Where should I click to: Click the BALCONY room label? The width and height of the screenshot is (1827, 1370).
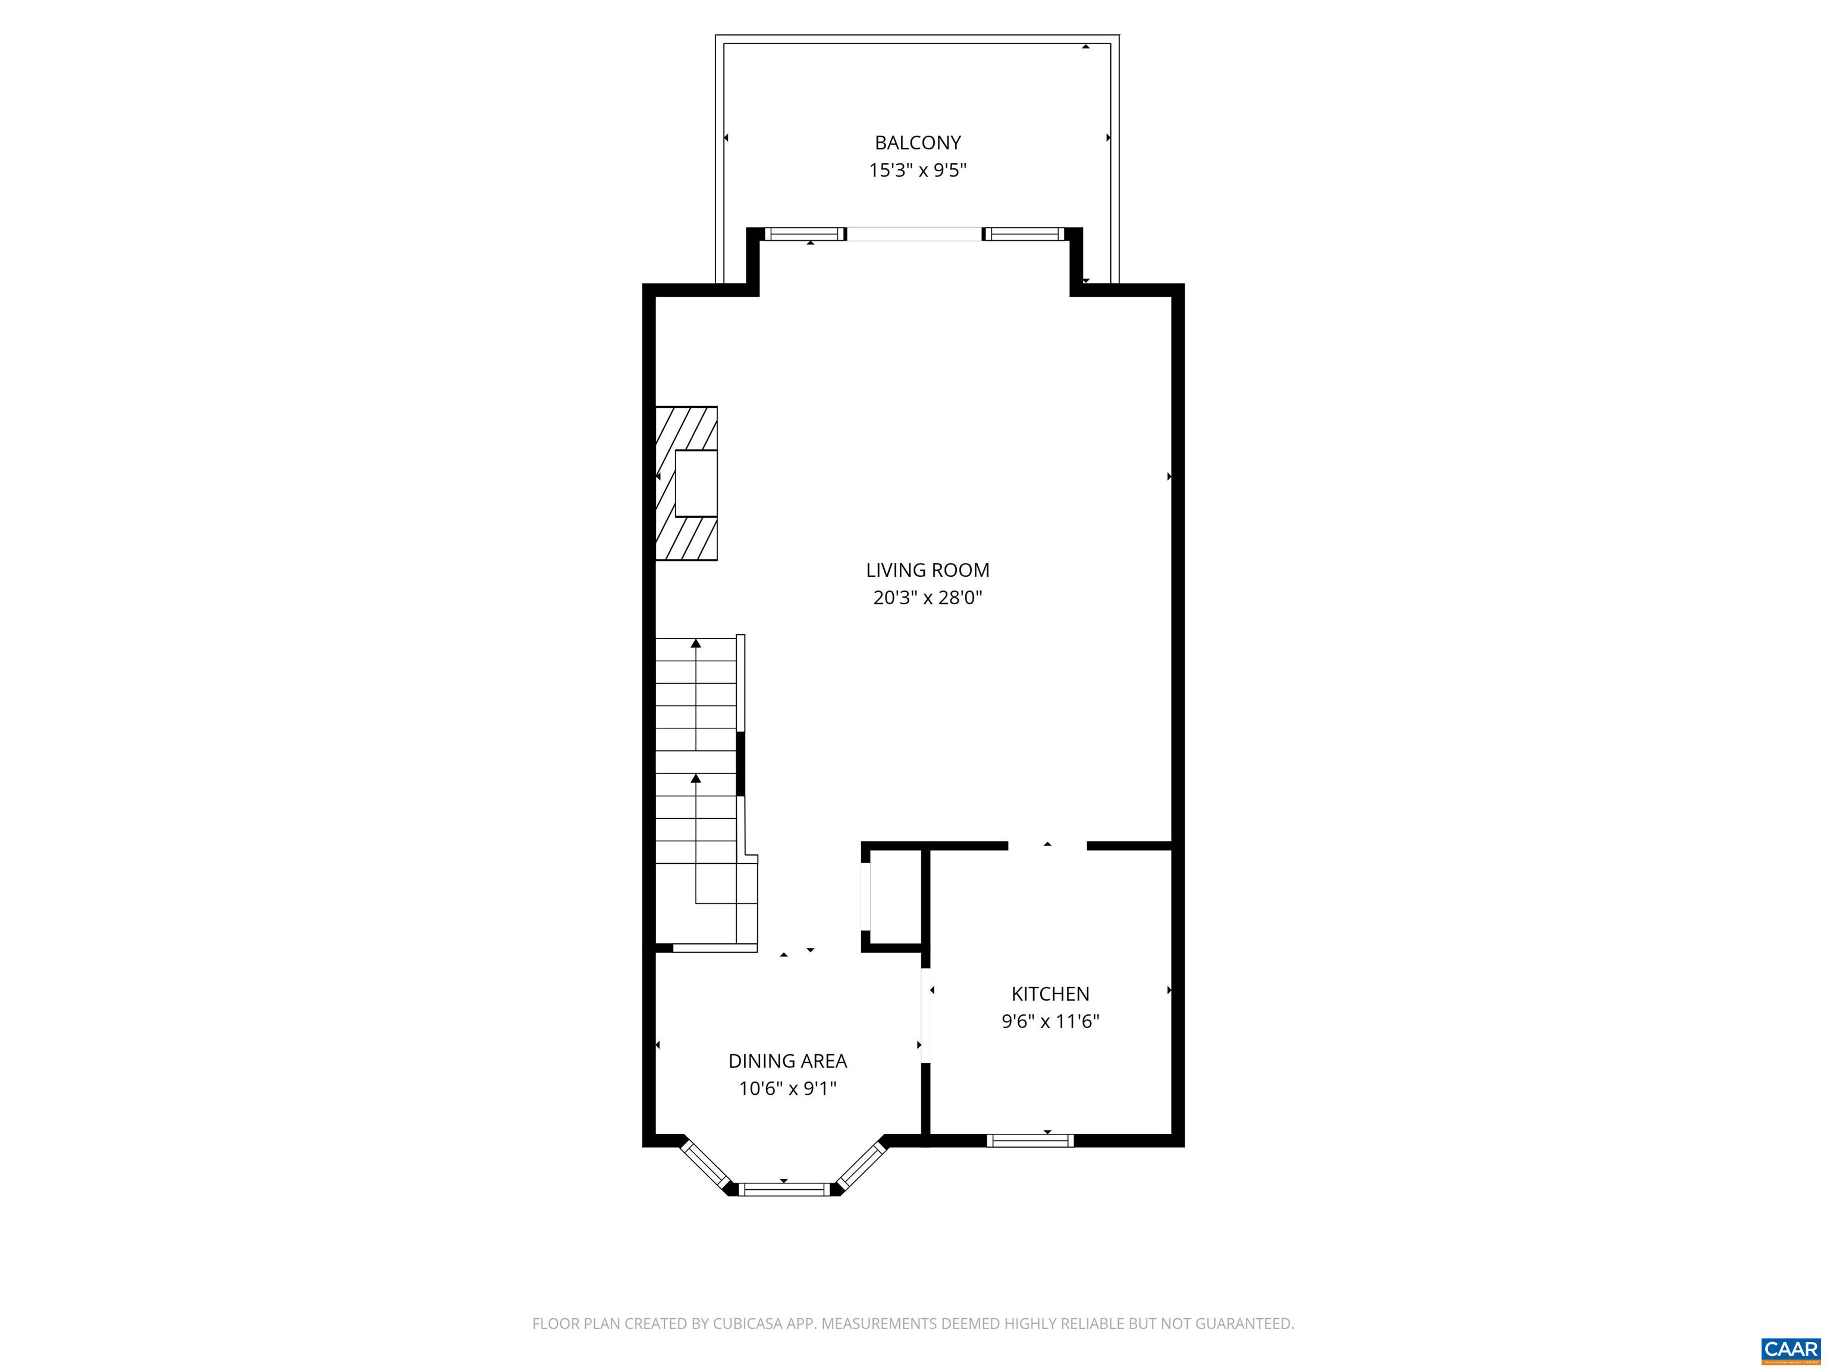[x=917, y=143]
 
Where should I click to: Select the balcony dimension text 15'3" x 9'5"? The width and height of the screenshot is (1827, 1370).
[x=917, y=171]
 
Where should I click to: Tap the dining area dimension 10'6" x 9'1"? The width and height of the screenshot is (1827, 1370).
[x=787, y=1088]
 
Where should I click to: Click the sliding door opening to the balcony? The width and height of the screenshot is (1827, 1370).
[x=914, y=234]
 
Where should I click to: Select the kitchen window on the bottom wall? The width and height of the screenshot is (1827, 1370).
[x=1030, y=1140]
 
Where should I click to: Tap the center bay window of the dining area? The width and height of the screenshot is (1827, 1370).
[x=783, y=1189]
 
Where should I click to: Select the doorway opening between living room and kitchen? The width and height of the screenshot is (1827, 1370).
[x=1047, y=846]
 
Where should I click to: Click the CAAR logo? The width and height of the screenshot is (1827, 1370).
[x=1790, y=1349]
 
